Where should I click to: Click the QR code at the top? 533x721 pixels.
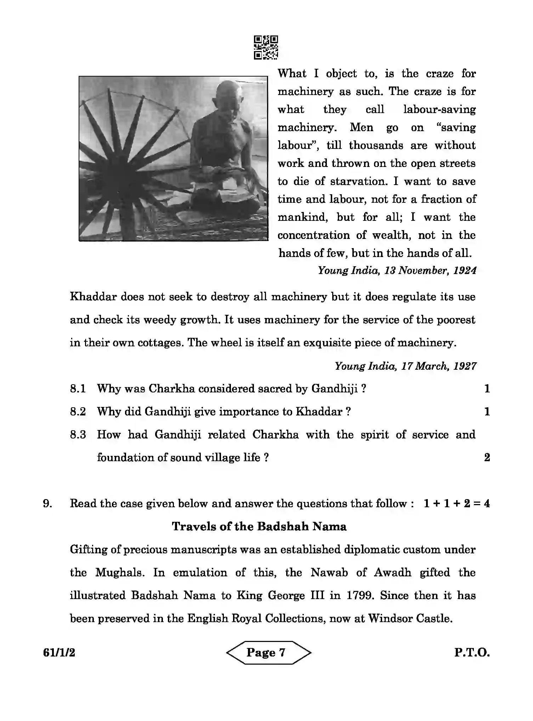(266, 47)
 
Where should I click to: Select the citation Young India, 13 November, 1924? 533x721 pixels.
(397, 271)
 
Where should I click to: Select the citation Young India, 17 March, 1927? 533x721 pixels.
(406, 366)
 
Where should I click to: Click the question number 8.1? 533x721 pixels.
(78, 389)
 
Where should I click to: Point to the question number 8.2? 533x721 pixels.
(78, 412)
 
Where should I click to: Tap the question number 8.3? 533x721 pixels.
(78, 435)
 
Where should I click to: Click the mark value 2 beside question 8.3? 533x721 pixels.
(487, 458)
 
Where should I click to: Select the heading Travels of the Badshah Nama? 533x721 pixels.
(259, 527)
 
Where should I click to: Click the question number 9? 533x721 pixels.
(48, 504)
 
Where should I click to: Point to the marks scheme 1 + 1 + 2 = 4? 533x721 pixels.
(457, 504)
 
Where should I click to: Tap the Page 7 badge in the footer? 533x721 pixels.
(266, 652)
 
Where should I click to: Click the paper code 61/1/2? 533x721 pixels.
(59, 653)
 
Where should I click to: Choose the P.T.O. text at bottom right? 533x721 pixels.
(472, 653)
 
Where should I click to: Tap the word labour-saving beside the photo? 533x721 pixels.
(440, 110)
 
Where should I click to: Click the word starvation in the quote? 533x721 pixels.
(357, 181)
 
